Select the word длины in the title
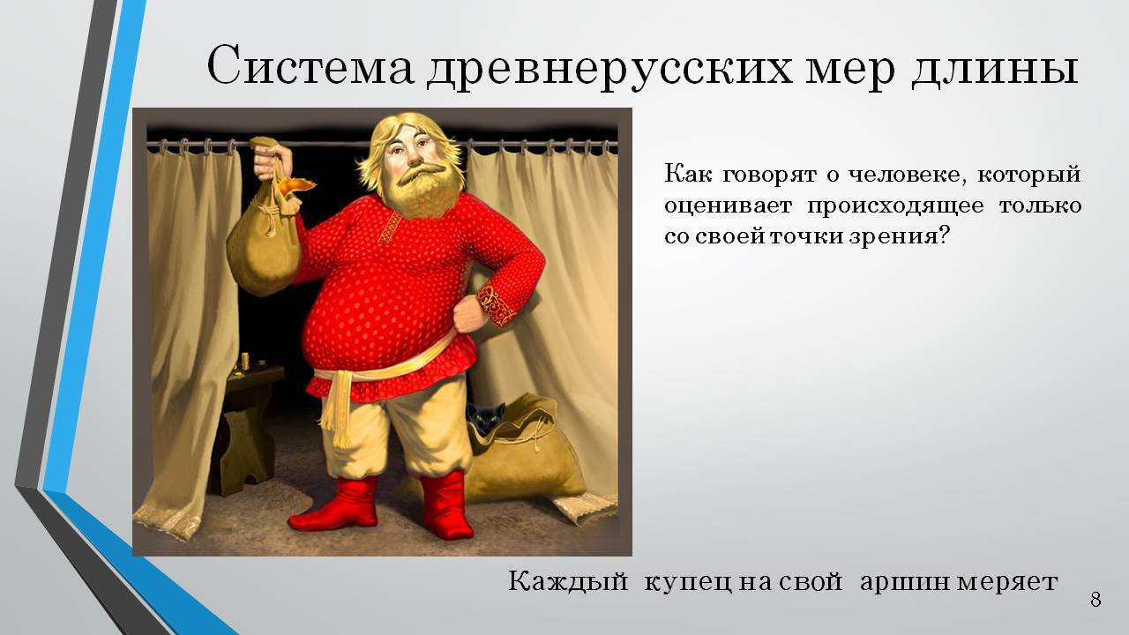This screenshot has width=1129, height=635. click(991, 67)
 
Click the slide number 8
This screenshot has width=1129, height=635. click(1095, 601)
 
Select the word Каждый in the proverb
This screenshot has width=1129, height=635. click(568, 582)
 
